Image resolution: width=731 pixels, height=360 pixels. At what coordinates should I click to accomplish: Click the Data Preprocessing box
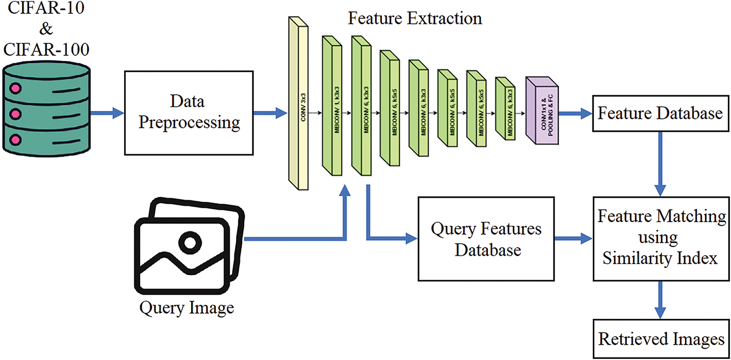[188, 113]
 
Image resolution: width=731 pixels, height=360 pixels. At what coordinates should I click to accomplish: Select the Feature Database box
[661, 113]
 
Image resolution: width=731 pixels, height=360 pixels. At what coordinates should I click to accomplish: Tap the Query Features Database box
[486, 239]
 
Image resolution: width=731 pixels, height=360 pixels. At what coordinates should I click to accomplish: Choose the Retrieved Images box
[661, 339]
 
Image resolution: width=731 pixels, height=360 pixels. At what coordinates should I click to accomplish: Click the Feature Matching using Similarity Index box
[661, 239]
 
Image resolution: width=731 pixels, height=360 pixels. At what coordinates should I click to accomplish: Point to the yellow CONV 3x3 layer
[298, 103]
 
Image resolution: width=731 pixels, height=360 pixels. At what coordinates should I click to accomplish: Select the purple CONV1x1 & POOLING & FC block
[542, 110]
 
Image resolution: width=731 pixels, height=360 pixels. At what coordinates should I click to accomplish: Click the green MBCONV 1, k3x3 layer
[332, 106]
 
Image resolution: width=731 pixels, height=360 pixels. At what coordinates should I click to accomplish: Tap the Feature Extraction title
[415, 18]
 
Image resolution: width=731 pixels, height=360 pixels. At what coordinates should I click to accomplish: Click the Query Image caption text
[187, 308]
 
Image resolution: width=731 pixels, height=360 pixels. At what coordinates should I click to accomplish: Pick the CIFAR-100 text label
[47, 50]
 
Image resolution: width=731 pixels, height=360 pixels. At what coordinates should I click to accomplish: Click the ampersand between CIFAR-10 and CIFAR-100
[46, 28]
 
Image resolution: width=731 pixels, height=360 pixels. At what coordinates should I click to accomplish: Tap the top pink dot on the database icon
[15, 88]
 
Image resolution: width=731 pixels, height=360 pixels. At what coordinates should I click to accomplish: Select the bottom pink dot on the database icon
[15, 140]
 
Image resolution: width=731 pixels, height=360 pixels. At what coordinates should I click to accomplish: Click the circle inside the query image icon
[190, 243]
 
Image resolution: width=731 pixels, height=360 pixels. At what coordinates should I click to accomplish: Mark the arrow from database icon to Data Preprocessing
[107, 113]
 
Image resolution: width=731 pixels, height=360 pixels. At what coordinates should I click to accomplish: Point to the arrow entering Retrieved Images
[660, 300]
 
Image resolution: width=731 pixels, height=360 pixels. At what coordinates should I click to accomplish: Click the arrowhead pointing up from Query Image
[344, 190]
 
